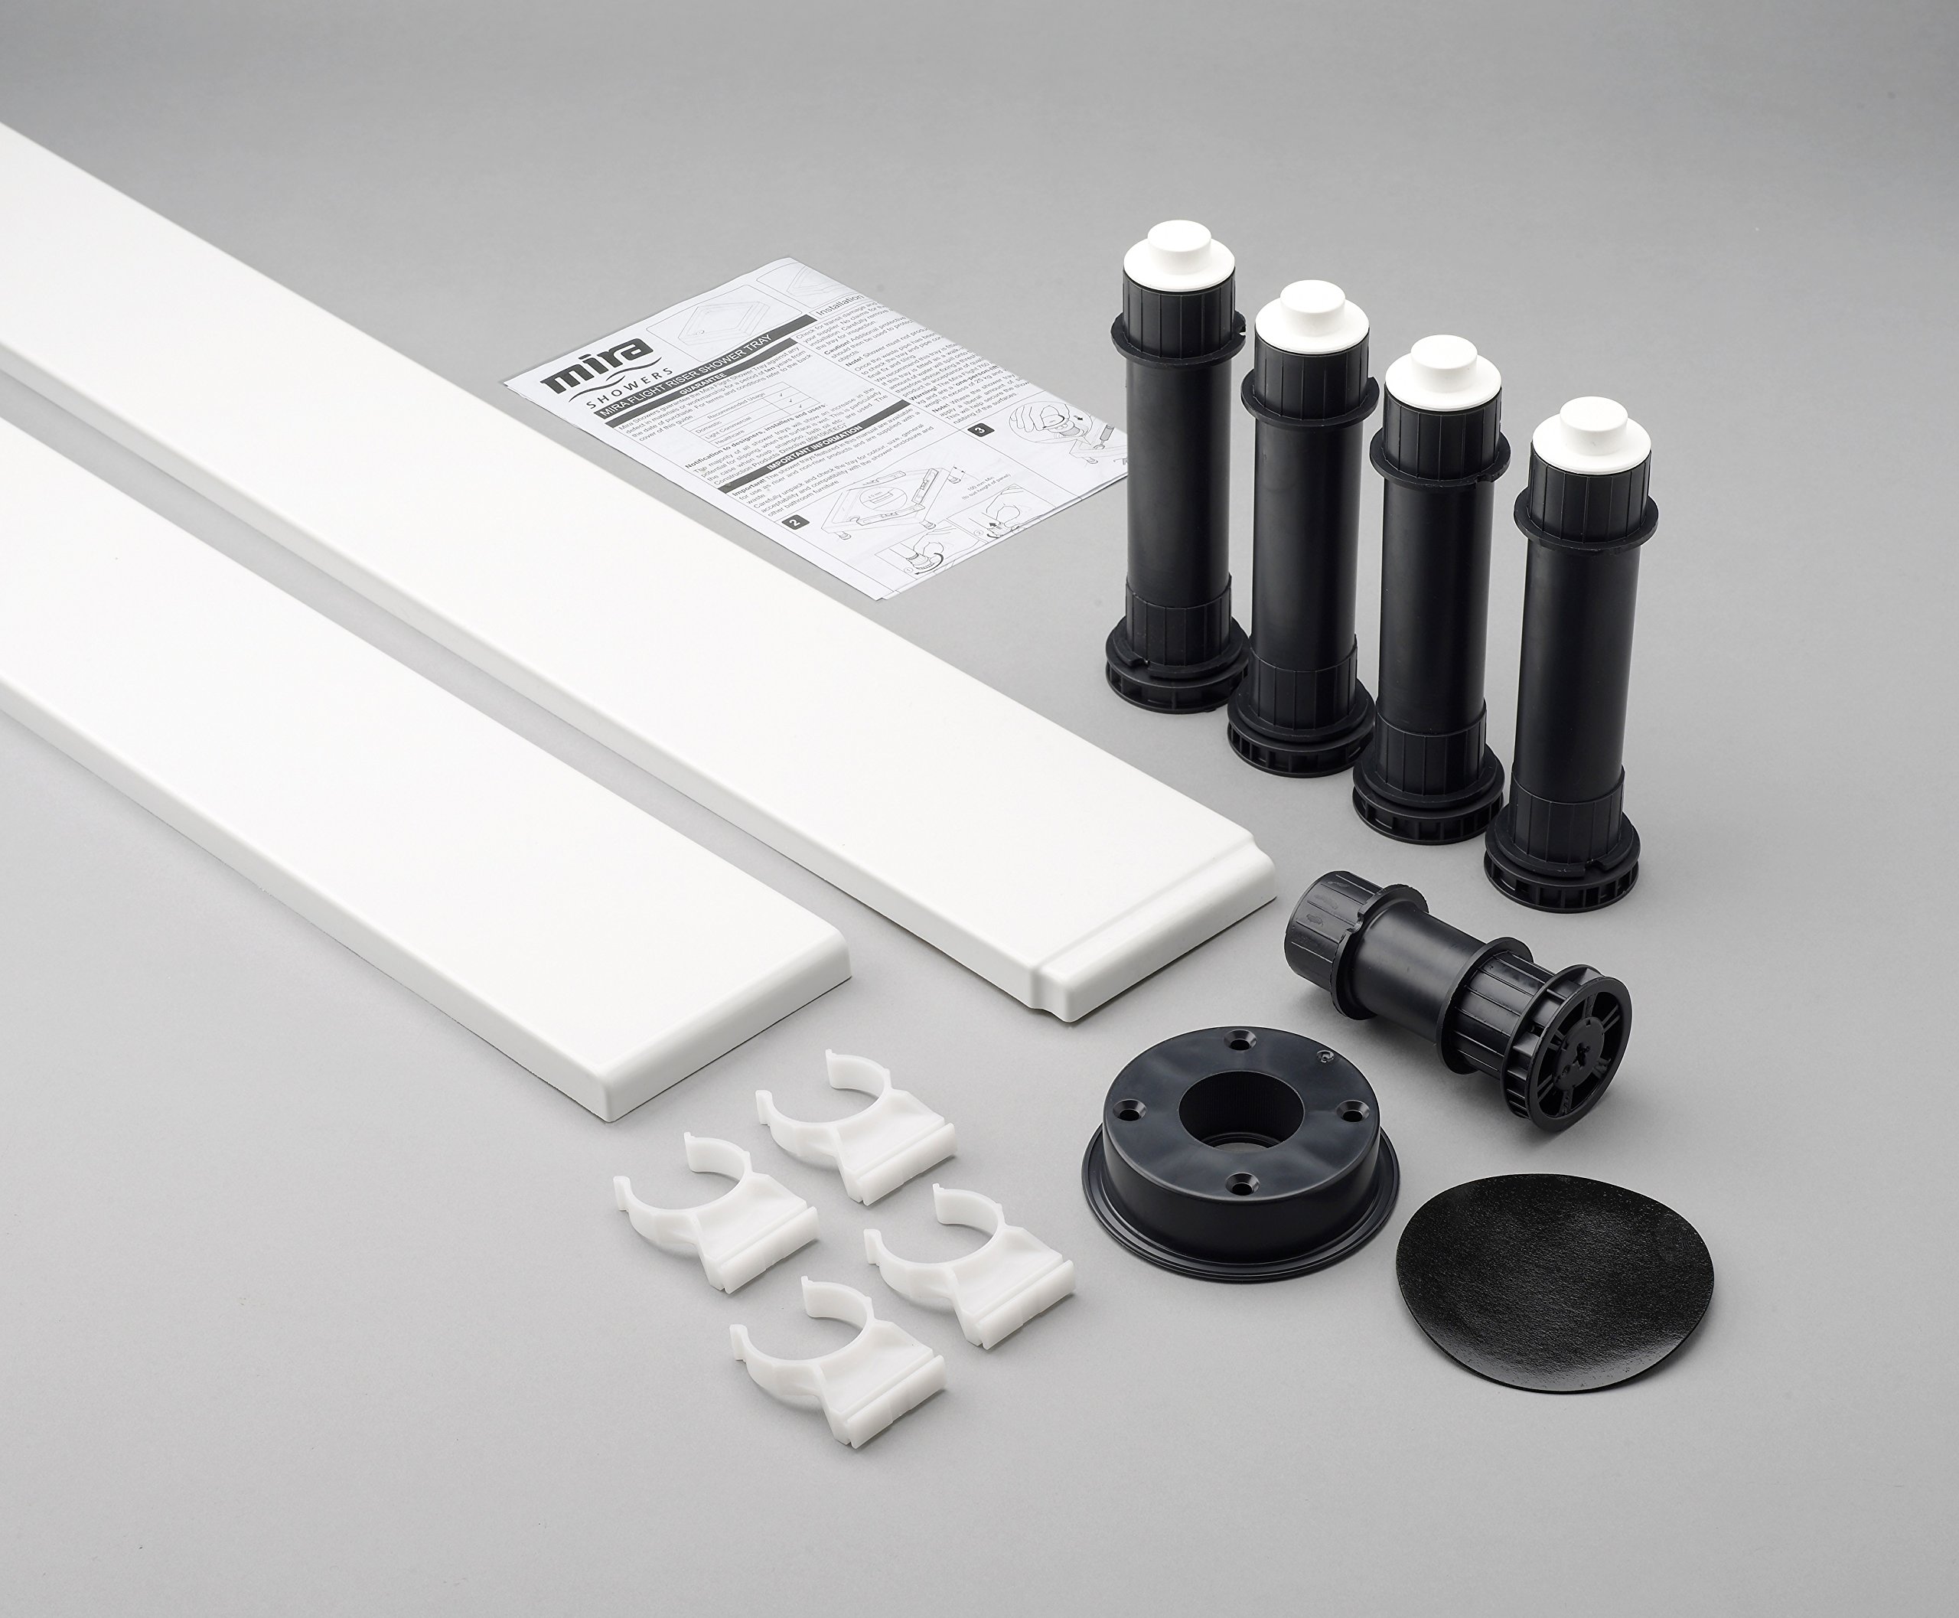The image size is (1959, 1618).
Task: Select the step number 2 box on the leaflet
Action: tap(795, 522)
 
